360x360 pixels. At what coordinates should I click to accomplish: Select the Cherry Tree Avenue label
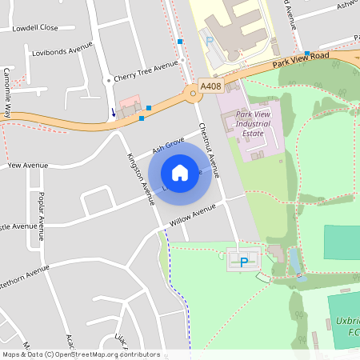click(145, 72)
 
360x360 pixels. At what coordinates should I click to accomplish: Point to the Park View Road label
click(300, 58)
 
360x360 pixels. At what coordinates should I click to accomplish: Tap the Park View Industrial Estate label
click(254, 124)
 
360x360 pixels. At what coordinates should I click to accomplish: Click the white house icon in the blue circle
click(180, 172)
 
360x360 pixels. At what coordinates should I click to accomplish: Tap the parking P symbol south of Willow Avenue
click(244, 261)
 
